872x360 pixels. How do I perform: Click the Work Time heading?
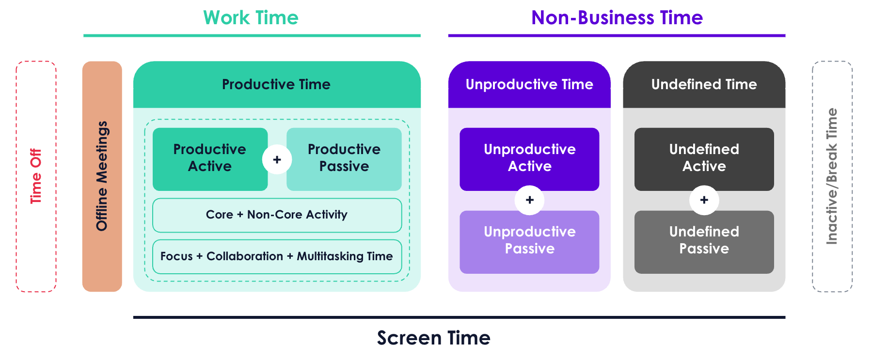[x=251, y=18]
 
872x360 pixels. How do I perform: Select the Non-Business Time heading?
[x=617, y=18]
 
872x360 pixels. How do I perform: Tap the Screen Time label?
[x=434, y=338]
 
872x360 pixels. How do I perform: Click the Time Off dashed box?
[x=17, y=176]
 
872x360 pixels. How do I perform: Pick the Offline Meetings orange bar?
[x=102, y=176]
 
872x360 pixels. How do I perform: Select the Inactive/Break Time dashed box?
[x=813, y=176]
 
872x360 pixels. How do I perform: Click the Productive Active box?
[x=210, y=159]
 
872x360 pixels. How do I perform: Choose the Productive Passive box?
[x=344, y=159]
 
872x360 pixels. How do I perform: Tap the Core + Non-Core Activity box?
[x=277, y=215]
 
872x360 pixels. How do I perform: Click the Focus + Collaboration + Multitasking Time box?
[x=277, y=257]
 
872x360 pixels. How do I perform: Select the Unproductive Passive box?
[x=529, y=242]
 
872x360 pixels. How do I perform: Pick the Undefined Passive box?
[x=704, y=242]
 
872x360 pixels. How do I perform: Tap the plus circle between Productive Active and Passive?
[x=277, y=159]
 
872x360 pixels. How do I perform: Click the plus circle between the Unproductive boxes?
[x=530, y=200]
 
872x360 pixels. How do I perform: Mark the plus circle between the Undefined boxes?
[x=704, y=200]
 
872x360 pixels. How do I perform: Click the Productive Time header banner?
[x=277, y=84]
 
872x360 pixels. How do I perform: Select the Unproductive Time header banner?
[x=529, y=84]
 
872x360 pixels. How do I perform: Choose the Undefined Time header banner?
[x=704, y=84]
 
